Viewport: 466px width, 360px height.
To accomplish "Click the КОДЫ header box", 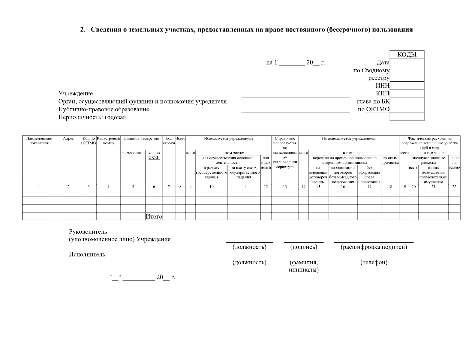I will pyautogui.click(x=407, y=54).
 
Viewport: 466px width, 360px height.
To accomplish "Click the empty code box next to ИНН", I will pyautogui.click(x=407, y=85).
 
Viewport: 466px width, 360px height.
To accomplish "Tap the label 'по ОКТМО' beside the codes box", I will pyautogui.click(x=374, y=109).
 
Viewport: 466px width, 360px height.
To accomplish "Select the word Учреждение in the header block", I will pyautogui.click(x=76, y=94).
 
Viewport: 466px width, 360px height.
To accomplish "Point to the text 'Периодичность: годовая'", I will pyautogui.click(x=92, y=117).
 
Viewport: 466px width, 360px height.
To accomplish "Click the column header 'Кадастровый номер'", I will pyautogui.click(x=108, y=141).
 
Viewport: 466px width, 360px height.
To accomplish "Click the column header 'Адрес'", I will pyautogui.click(x=68, y=139).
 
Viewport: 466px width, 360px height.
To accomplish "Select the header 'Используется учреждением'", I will pyautogui.click(x=228, y=139).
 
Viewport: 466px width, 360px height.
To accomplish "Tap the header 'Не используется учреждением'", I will pyautogui.click(x=349, y=139).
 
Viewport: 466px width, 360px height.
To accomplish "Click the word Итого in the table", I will pyautogui.click(x=154, y=216).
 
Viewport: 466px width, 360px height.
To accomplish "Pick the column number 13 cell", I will pyautogui.click(x=285, y=187).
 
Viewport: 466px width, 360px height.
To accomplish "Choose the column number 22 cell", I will pyautogui.click(x=454, y=187).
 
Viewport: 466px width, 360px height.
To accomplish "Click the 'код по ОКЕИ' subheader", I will pyautogui.click(x=154, y=155).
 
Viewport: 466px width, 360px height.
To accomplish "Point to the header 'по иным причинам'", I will pyautogui.click(x=390, y=160).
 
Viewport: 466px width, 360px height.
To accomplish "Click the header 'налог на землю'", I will pyautogui.click(x=454, y=162).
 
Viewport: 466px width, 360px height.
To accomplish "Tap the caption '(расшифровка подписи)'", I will pyautogui.click(x=374, y=247).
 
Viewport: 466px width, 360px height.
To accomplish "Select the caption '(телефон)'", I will pyautogui.click(x=374, y=262).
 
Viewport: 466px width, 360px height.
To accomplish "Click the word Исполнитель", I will pyautogui.click(x=87, y=254).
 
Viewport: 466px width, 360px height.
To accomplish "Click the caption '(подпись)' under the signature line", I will pyautogui.click(x=304, y=247).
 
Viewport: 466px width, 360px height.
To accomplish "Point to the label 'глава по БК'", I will pyautogui.click(x=373, y=101).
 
